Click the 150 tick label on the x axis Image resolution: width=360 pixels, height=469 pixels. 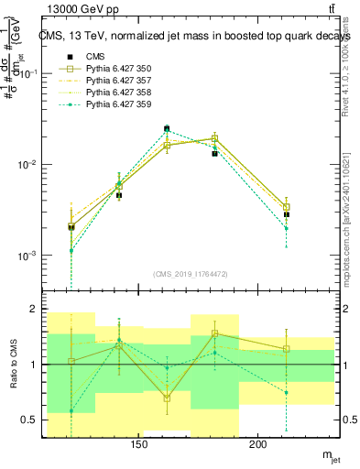point(139,446)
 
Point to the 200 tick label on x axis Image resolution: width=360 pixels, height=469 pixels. point(258,446)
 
